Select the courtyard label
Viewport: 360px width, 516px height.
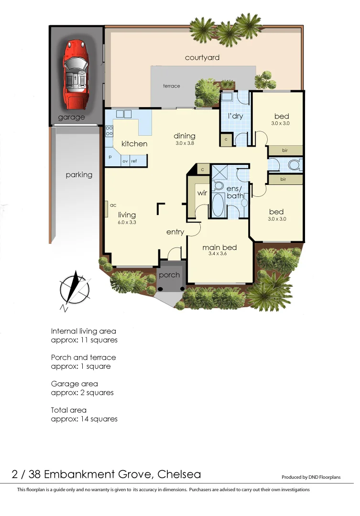[202, 58]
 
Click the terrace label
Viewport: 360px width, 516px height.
[172, 86]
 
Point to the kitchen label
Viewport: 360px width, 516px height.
[134, 144]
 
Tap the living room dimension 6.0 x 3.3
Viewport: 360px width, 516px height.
[127, 222]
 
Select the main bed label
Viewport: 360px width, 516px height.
[219, 247]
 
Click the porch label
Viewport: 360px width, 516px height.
[169, 275]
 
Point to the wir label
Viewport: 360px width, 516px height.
[201, 193]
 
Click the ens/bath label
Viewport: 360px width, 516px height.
[235, 192]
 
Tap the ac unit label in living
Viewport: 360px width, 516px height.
[113, 205]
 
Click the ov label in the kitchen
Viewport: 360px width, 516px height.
[125, 161]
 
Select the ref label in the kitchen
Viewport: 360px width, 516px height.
[134, 161]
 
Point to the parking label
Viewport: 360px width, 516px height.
[79, 175]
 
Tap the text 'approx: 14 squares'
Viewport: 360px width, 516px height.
[84, 419]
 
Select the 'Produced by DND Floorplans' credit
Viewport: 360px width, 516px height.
[311, 477]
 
